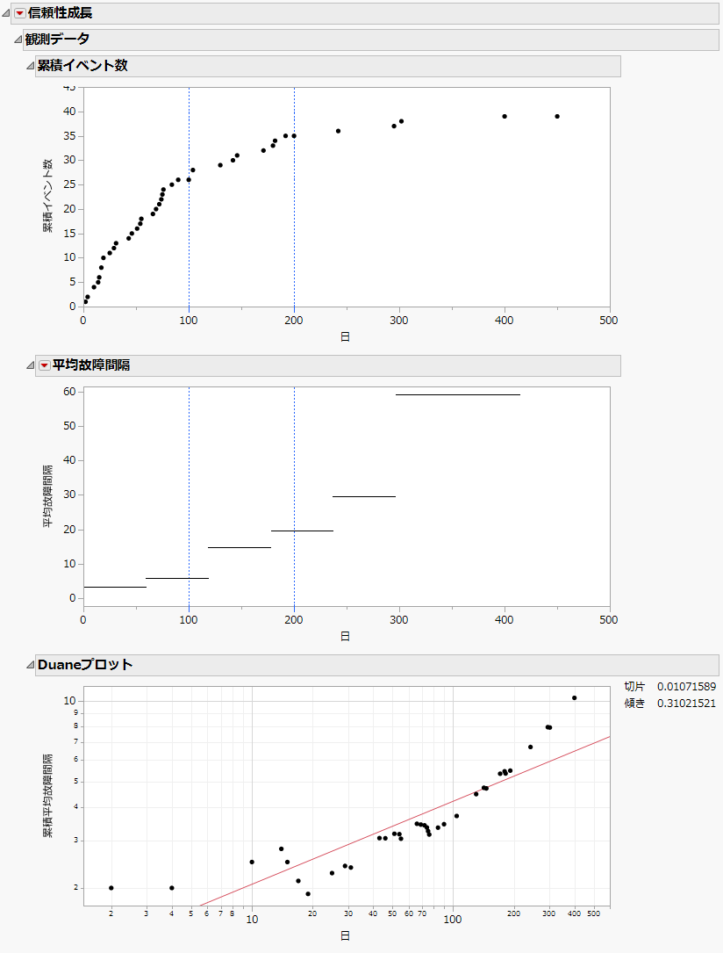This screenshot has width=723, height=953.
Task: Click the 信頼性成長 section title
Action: pyautogui.click(x=61, y=13)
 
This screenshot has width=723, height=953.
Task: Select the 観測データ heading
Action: pyautogui.click(x=57, y=40)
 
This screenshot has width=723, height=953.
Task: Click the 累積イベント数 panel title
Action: pyautogui.click(x=82, y=66)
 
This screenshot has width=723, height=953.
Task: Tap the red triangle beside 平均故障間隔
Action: pyautogui.click(x=44, y=365)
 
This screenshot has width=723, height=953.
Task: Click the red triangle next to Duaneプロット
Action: pyautogui.click(x=30, y=665)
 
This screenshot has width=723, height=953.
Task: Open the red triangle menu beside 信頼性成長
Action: pyautogui.click(x=19, y=13)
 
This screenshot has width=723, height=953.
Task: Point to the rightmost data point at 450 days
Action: pyautogui.click(x=557, y=116)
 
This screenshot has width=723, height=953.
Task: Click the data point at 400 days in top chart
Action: pyautogui.click(x=505, y=116)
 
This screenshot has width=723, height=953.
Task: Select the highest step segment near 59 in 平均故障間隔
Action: pyautogui.click(x=457, y=394)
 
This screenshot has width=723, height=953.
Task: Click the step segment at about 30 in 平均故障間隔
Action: pyautogui.click(x=363, y=497)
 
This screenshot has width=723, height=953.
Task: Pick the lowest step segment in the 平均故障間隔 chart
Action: pyautogui.click(x=114, y=587)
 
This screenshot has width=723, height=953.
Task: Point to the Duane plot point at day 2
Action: pyautogui.click(x=111, y=888)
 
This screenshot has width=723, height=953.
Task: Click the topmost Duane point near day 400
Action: pyautogui.click(x=575, y=698)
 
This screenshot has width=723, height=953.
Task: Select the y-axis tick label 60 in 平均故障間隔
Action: pyautogui.click(x=68, y=392)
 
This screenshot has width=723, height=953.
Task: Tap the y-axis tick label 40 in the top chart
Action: pyautogui.click(x=68, y=112)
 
